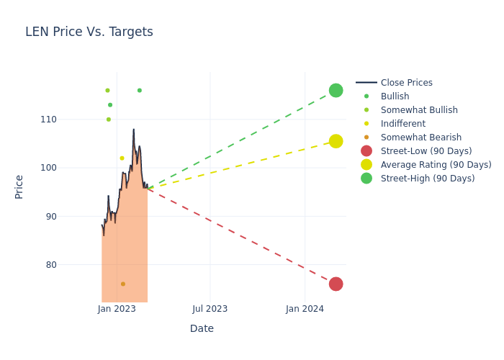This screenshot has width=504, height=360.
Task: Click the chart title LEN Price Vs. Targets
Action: (x=89, y=32)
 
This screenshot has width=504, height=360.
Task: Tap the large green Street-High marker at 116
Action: (x=336, y=90)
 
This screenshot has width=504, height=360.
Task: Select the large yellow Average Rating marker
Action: (x=336, y=141)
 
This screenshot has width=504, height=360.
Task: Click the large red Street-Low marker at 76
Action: (x=336, y=284)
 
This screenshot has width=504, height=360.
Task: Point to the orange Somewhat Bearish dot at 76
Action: (x=123, y=284)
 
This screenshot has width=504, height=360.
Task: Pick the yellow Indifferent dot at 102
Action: (x=122, y=158)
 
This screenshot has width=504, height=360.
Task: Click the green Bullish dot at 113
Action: (x=110, y=104)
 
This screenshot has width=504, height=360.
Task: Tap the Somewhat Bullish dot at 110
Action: (x=109, y=120)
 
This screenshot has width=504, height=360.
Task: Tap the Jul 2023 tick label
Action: (x=210, y=309)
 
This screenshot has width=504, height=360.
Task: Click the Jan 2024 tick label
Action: (x=305, y=309)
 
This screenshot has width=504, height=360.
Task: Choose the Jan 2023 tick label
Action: (x=117, y=309)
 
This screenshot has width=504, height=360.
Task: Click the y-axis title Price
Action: (x=19, y=186)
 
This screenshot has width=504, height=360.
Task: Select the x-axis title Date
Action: (x=202, y=328)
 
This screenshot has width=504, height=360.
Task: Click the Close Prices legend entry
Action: (x=406, y=83)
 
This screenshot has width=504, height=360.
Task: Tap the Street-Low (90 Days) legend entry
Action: (x=426, y=151)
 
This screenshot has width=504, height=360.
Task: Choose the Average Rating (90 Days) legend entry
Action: (x=436, y=165)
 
